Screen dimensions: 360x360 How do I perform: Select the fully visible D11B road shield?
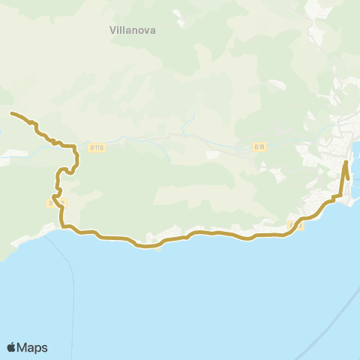[x=96, y=148]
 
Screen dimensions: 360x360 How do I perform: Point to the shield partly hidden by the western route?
[x=56, y=202]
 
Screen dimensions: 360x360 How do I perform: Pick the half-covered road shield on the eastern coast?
[x=294, y=225]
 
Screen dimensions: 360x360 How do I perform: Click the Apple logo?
[x=12, y=347]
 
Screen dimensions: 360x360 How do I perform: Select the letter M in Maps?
[x=23, y=347]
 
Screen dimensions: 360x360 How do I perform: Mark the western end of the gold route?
[x=11, y=113]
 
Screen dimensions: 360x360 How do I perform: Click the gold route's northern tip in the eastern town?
[x=345, y=162]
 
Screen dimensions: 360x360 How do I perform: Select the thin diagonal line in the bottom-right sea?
[x=341, y=315]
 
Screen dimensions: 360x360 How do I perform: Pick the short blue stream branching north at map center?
[x=192, y=120]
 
